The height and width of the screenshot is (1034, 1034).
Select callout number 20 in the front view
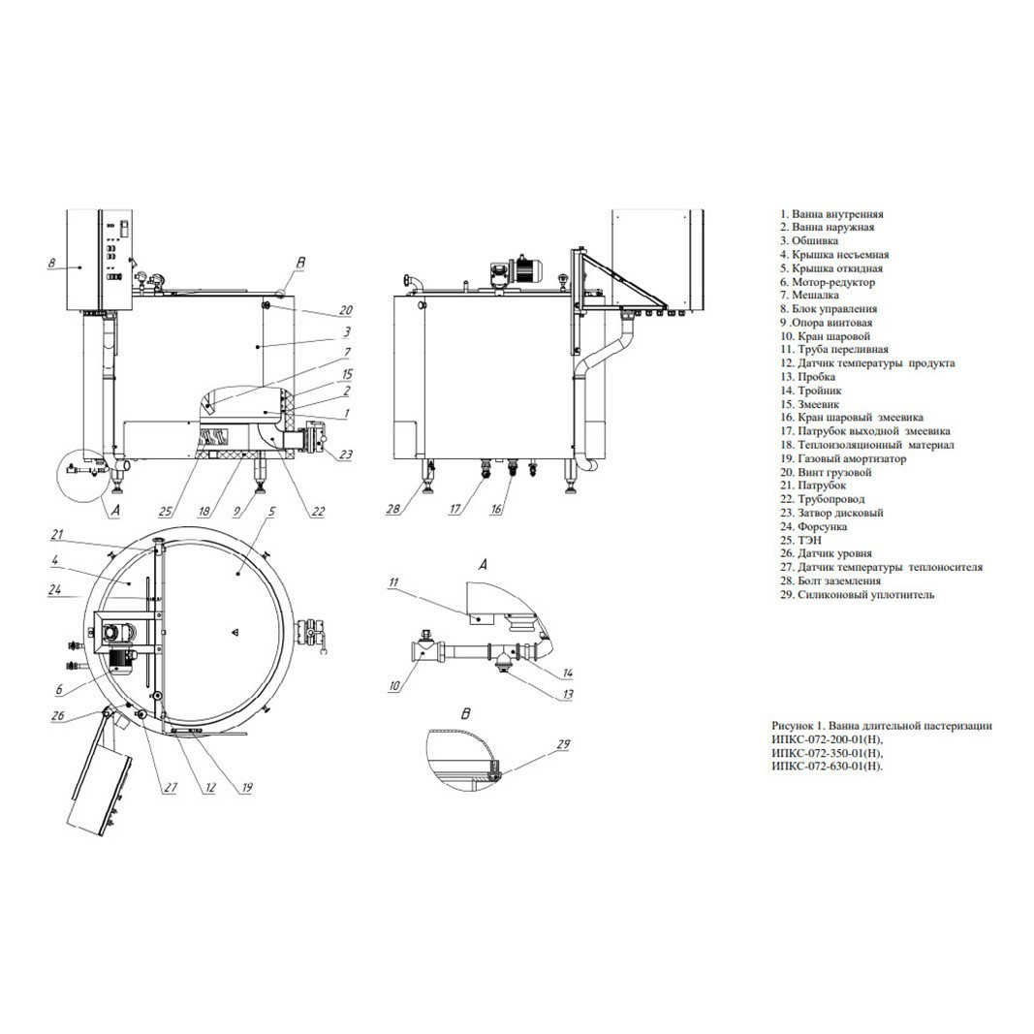[346, 310]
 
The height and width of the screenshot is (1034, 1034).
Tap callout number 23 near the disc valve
[346, 454]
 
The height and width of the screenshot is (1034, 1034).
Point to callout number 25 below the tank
[167, 511]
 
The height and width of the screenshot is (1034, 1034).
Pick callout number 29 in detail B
[563, 744]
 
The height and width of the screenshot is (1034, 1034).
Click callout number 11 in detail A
[393, 582]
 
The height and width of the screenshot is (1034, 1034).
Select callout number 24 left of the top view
[55, 590]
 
